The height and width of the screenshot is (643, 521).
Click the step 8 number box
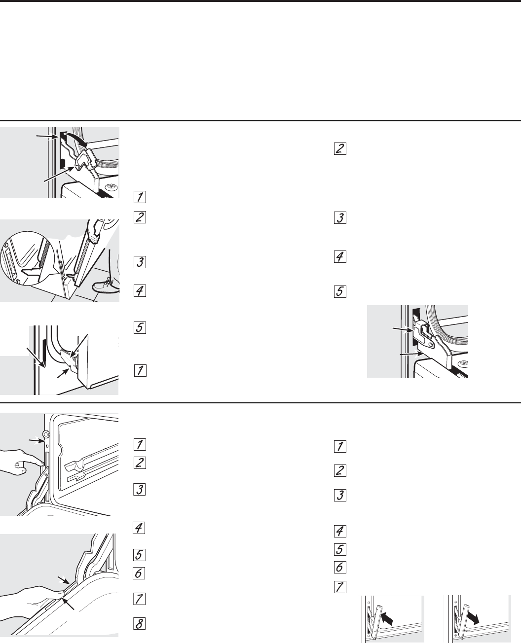tap(139, 624)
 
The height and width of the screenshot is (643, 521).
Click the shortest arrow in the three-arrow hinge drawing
tap(63, 373)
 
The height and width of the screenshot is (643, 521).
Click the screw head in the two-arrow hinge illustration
tap(462, 363)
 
